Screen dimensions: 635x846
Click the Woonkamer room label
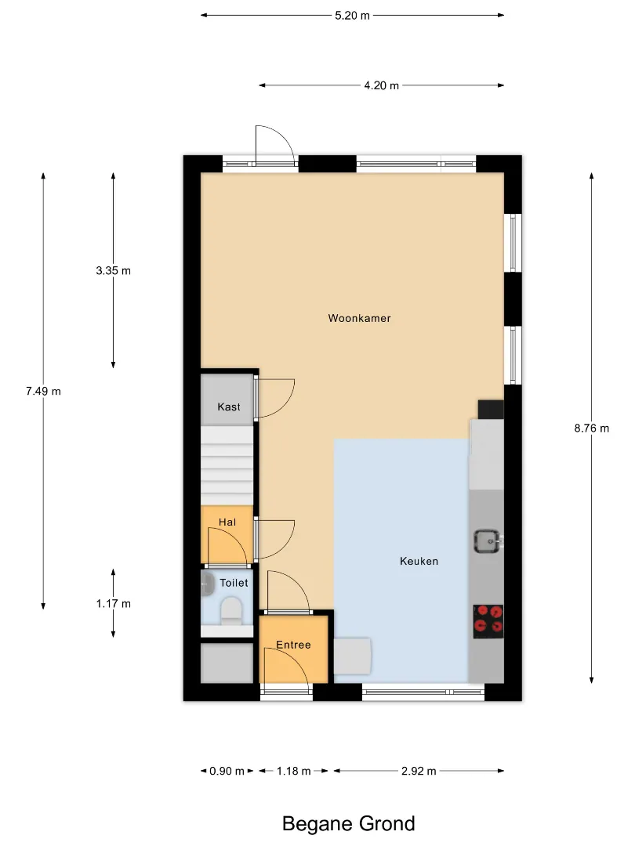359,318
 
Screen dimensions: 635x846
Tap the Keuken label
419,561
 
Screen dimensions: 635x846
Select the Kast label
229,407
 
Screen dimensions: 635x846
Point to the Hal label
227,522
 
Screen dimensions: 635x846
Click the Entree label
293,645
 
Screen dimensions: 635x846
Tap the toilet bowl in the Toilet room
231,611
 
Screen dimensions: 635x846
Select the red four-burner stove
488,621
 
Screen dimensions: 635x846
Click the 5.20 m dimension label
352,16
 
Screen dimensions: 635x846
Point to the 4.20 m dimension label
381,85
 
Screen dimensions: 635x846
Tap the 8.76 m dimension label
591,428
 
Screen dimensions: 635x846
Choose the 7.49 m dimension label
43,391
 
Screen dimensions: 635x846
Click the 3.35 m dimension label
114,271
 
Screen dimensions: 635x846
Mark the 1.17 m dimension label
114,604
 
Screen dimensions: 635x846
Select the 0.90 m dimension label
227,771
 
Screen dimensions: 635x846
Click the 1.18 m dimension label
294,771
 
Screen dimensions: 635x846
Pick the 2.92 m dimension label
419,771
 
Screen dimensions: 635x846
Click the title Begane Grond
349,824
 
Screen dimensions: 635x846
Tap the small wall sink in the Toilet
206,584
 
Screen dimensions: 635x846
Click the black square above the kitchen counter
491,410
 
